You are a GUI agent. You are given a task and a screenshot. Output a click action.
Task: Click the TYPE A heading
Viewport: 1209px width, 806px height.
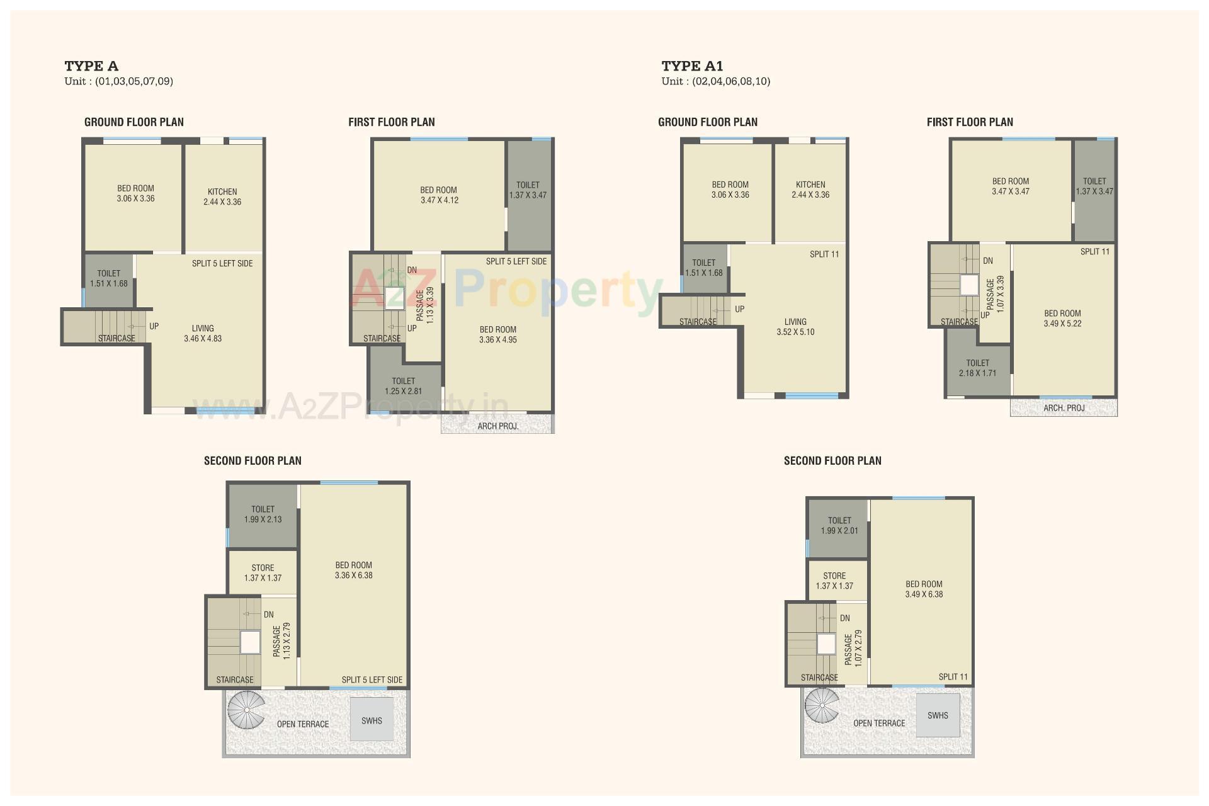[91, 66]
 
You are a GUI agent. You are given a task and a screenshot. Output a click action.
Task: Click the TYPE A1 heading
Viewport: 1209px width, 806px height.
[692, 66]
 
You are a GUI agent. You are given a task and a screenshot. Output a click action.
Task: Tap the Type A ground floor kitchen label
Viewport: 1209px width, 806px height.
[222, 191]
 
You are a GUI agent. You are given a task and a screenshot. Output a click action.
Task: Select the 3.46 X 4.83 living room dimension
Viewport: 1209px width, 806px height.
[203, 339]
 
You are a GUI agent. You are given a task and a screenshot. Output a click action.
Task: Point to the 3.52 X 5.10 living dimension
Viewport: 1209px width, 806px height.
[795, 332]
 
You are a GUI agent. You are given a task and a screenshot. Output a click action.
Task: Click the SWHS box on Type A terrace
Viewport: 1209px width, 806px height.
[372, 720]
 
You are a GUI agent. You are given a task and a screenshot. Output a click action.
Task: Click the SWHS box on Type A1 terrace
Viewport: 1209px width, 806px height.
[938, 715]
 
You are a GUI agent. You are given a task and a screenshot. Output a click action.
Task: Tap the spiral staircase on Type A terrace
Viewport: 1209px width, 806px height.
[246, 710]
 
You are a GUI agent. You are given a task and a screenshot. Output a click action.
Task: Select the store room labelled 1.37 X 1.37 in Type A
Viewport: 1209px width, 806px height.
[263, 573]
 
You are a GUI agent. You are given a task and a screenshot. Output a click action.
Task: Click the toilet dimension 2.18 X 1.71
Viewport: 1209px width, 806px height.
[977, 373]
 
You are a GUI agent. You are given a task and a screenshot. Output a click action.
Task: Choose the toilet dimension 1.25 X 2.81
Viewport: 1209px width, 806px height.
[403, 391]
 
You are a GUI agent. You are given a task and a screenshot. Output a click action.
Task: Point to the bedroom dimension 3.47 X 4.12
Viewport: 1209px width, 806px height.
[440, 201]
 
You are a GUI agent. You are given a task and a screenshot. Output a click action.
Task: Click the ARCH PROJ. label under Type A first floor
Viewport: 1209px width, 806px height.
[497, 426]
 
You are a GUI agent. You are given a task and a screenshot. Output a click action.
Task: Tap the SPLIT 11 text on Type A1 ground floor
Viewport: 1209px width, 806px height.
[824, 254]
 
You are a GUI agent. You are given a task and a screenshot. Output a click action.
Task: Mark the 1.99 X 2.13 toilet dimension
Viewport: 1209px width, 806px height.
[263, 519]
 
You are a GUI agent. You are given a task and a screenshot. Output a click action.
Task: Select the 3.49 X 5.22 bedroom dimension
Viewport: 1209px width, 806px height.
[1062, 324]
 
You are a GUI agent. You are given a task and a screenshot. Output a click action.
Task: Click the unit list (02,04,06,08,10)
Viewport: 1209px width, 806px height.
[731, 81]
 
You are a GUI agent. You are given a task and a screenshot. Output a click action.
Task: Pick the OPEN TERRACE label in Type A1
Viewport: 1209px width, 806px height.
[879, 724]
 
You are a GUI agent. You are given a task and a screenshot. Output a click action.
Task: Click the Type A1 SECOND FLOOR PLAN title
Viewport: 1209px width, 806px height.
[832, 461]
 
